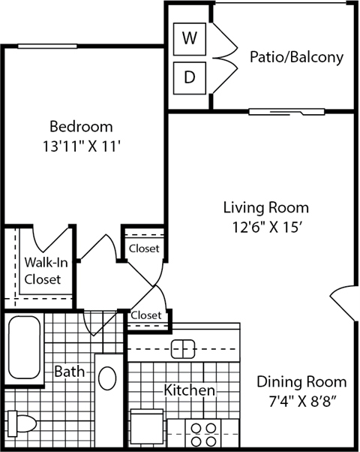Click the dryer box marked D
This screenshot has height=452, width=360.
tap(190, 76)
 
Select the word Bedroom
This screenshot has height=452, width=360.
tap(81, 125)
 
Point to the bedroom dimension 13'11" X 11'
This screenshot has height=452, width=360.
tap(81, 148)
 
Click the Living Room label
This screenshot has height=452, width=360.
tap(266, 207)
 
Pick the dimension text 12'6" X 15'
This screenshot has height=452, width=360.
tap(266, 228)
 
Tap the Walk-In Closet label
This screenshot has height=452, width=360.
tap(43, 271)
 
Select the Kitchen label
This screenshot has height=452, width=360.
tap(190, 390)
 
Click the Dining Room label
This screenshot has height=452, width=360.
tap(301, 381)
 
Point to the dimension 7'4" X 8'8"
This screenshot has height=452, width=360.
tap(301, 402)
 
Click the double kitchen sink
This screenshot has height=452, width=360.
tap(183, 349)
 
